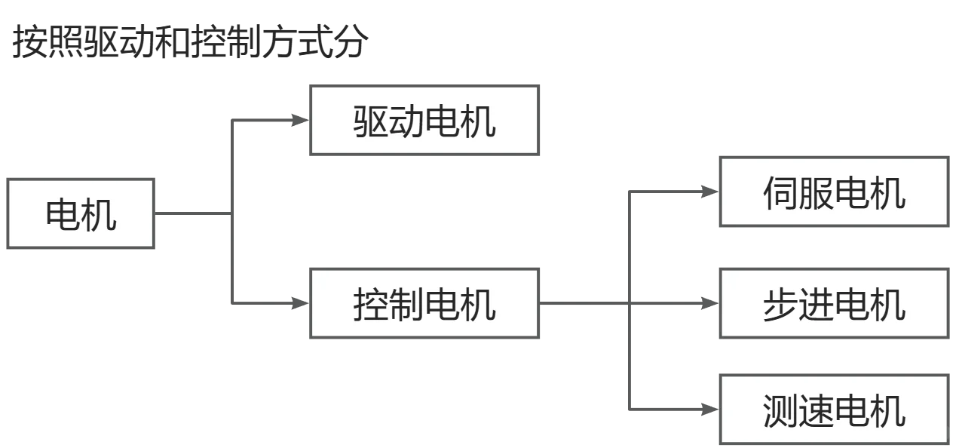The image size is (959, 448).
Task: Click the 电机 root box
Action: click(x=81, y=214)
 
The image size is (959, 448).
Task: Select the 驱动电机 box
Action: click(x=424, y=121)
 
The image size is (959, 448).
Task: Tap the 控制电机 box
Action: click(x=424, y=305)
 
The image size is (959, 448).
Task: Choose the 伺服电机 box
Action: click(x=834, y=192)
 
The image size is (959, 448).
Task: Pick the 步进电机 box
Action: click(x=834, y=305)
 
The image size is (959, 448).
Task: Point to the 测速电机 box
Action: click(x=834, y=409)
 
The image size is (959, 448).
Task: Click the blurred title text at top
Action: click(x=188, y=43)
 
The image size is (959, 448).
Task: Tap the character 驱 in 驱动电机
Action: click(x=371, y=121)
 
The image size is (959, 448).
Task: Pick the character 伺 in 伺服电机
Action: click(x=780, y=192)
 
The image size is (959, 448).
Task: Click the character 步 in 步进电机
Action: click(x=780, y=305)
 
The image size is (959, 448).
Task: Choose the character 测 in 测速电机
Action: click(x=780, y=410)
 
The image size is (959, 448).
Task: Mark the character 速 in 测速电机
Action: click(x=816, y=410)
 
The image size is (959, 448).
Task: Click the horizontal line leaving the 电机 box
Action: click(x=192, y=214)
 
